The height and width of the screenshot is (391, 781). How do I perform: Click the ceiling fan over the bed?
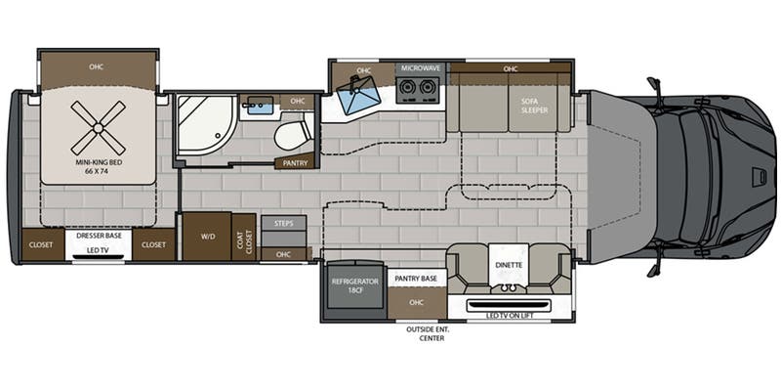99,128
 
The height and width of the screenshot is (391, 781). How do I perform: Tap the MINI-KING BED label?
98,166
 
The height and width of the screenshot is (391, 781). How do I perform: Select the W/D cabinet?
207,237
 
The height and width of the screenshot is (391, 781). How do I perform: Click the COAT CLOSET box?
244,237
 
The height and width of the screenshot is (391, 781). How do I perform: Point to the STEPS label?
283,224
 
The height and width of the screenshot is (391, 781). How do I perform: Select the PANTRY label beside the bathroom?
295,163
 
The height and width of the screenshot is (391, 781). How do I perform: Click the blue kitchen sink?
358,96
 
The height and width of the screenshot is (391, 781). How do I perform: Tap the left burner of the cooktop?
408,88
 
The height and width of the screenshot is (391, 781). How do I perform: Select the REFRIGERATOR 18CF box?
355,290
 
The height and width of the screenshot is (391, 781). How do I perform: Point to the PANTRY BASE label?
416,279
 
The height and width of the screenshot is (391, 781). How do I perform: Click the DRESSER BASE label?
99,236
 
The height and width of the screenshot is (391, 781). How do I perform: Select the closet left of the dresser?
42,245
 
